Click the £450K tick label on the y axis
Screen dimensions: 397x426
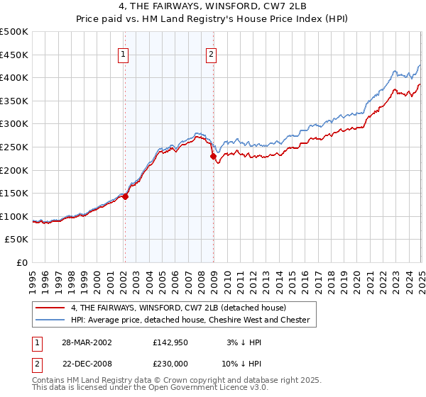tap(14, 55)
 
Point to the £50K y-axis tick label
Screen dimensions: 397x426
tap(17, 240)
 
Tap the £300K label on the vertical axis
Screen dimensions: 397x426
tap(14, 124)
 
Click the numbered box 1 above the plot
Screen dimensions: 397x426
tap(124, 53)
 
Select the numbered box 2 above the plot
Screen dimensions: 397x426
tap(212, 53)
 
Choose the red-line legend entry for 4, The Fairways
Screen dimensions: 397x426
tap(177, 308)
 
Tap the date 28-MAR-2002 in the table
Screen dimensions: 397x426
tap(86, 342)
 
